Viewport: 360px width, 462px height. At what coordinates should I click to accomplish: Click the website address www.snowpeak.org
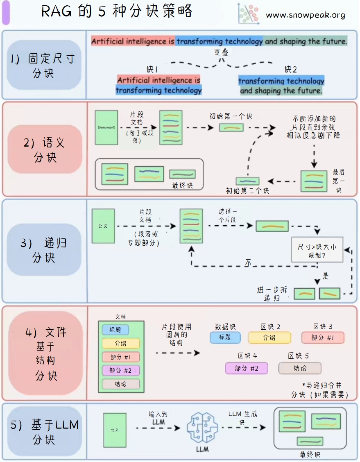point(305,15)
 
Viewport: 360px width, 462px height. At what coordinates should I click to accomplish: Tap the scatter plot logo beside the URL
point(249,14)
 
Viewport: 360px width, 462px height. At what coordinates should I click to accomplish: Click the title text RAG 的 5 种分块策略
point(117,11)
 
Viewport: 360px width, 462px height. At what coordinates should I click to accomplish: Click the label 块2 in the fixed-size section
point(291,69)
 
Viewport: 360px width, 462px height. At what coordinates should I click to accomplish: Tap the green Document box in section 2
point(106,127)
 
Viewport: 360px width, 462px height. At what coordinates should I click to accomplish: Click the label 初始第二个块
point(247,190)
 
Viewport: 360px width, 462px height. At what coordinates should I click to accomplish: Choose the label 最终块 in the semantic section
point(182,185)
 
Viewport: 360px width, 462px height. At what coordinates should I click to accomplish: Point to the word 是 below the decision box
point(325,276)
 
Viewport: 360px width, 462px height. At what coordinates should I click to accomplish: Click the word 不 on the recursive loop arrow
point(248,262)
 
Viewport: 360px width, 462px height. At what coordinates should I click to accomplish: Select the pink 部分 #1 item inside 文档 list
point(120,357)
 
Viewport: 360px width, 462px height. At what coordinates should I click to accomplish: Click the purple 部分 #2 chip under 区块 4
point(247,368)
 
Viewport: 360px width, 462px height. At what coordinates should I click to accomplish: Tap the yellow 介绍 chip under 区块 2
point(269,338)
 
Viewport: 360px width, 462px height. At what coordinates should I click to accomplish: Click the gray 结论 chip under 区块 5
point(300,368)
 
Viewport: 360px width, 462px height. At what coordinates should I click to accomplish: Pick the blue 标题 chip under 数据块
point(225,338)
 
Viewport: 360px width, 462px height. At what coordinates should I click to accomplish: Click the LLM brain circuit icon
point(202,428)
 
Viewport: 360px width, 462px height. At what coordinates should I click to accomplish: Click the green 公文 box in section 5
point(114,430)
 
